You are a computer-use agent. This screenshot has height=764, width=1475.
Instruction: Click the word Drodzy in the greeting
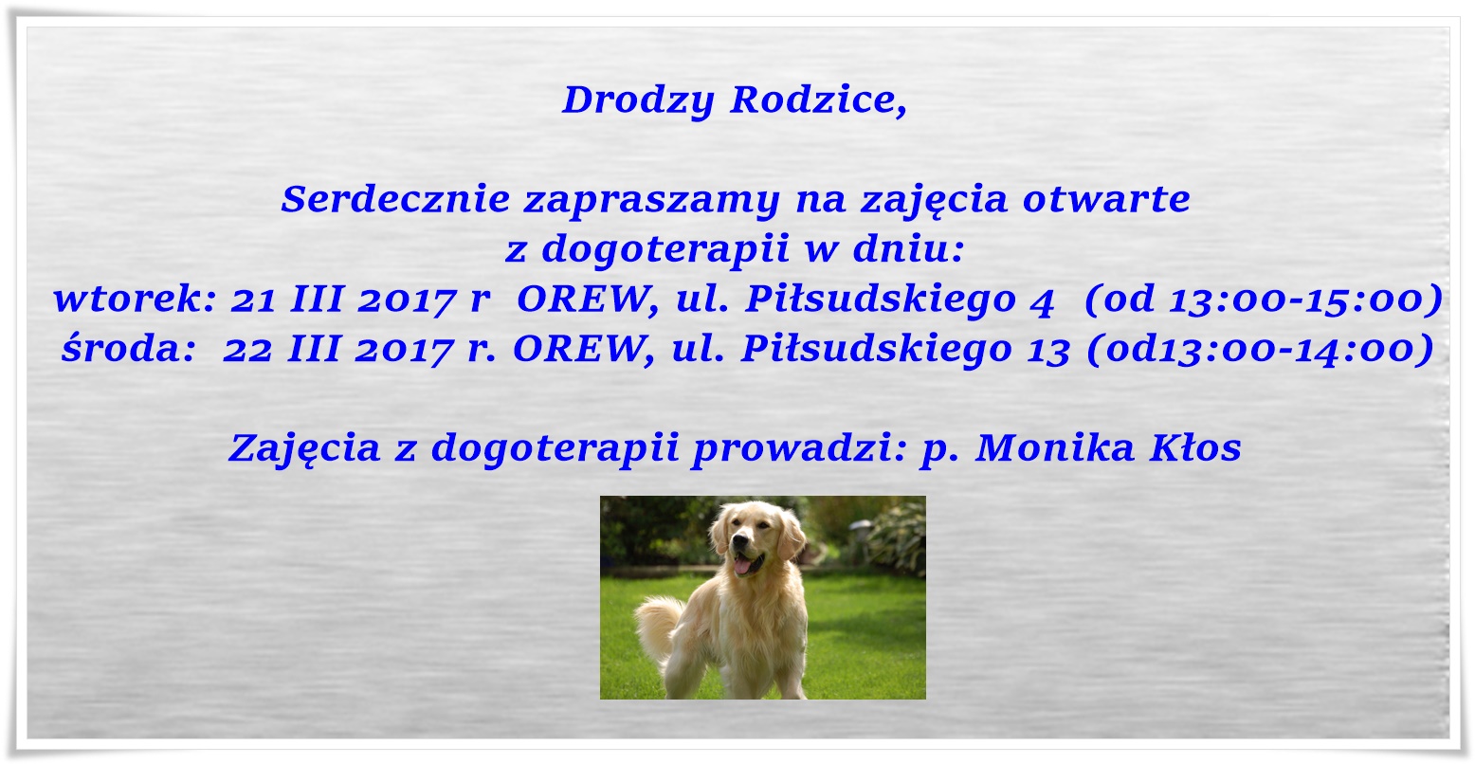coord(638,101)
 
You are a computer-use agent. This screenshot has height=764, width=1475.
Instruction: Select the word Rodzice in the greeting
coord(818,100)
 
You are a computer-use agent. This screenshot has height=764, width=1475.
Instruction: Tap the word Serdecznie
coord(395,199)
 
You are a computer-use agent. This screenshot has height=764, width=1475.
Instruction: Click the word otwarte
coord(1106,200)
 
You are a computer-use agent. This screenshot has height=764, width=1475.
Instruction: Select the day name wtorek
coord(135,299)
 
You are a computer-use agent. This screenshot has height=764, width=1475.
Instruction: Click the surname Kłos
coord(1195,448)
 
